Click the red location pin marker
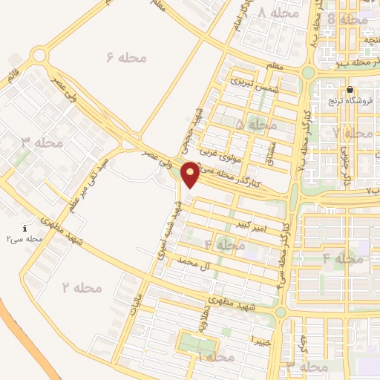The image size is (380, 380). [191, 174]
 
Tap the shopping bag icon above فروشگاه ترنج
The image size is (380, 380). [350, 90]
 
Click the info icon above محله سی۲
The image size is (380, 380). [25, 229]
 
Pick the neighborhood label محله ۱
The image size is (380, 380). [214, 358]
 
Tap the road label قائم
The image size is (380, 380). [13, 78]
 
